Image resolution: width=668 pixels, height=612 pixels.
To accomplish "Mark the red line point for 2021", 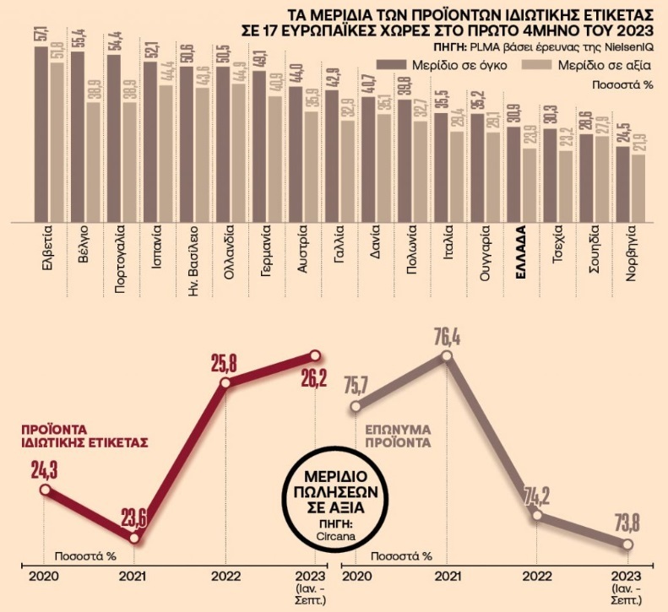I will coord(134,538).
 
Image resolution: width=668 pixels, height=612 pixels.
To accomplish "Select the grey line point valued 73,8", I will coord(627,545).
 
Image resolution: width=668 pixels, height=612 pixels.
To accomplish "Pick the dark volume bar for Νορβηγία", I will coord(622,185).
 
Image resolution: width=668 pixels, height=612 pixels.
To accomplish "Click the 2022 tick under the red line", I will coord(225,579).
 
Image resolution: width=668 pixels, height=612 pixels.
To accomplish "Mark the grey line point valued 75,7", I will coord(355,409).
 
